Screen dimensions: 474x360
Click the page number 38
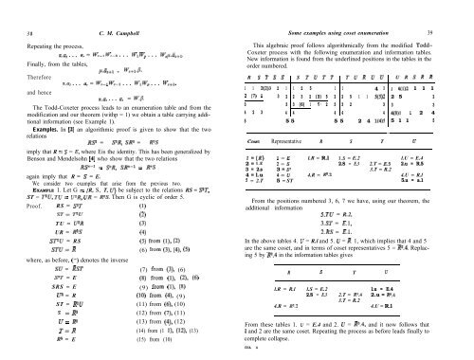13,9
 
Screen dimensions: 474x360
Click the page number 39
461,9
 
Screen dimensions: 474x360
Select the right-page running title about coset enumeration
356,9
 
